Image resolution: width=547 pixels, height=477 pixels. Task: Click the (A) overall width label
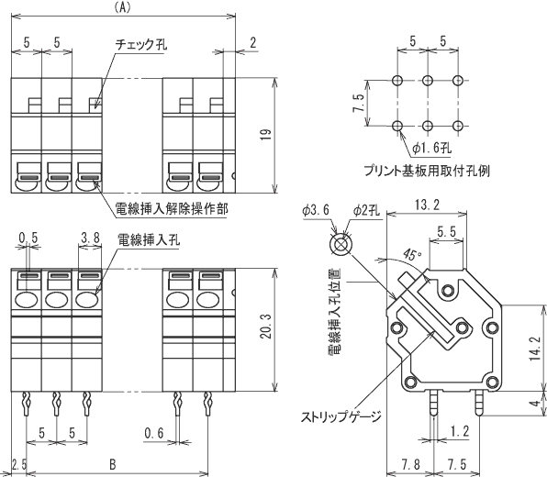pyautogui.click(x=122, y=8)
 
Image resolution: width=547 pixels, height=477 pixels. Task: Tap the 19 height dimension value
pyautogui.click(x=266, y=135)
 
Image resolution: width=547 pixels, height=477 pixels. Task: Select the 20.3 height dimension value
pyautogui.click(x=266, y=326)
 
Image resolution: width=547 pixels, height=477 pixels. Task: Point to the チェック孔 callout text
pyautogui.click(x=141, y=44)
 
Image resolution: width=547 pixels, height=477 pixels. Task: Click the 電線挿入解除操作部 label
pyautogui.click(x=172, y=209)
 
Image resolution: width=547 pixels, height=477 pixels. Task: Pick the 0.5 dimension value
pyautogui.click(x=28, y=238)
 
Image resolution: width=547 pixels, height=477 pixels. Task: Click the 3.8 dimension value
pyautogui.click(x=90, y=238)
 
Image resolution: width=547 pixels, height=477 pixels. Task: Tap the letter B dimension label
pyautogui.click(x=112, y=464)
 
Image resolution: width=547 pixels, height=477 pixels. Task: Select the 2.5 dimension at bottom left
pyautogui.click(x=19, y=464)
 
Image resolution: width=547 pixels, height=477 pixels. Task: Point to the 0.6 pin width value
pyautogui.click(x=154, y=433)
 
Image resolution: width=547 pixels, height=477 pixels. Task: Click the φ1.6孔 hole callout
pyautogui.click(x=431, y=149)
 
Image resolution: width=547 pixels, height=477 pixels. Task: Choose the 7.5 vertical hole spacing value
pyautogui.click(x=359, y=103)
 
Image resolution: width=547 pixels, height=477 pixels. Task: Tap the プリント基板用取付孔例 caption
pyautogui.click(x=427, y=171)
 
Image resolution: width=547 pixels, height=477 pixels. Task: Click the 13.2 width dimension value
pyautogui.click(x=427, y=205)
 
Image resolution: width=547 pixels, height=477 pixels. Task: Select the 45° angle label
pyautogui.click(x=412, y=254)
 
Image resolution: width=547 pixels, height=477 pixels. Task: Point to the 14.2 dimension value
pyautogui.click(x=535, y=349)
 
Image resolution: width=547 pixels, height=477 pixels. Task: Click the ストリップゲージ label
pyautogui.click(x=340, y=416)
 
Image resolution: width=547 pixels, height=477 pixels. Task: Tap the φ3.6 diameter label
pyautogui.click(x=316, y=210)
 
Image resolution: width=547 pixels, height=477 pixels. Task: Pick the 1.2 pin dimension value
pyautogui.click(x=460, y=432)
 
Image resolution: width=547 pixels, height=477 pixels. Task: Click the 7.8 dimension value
pyautogui.click(x=410, y=464)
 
